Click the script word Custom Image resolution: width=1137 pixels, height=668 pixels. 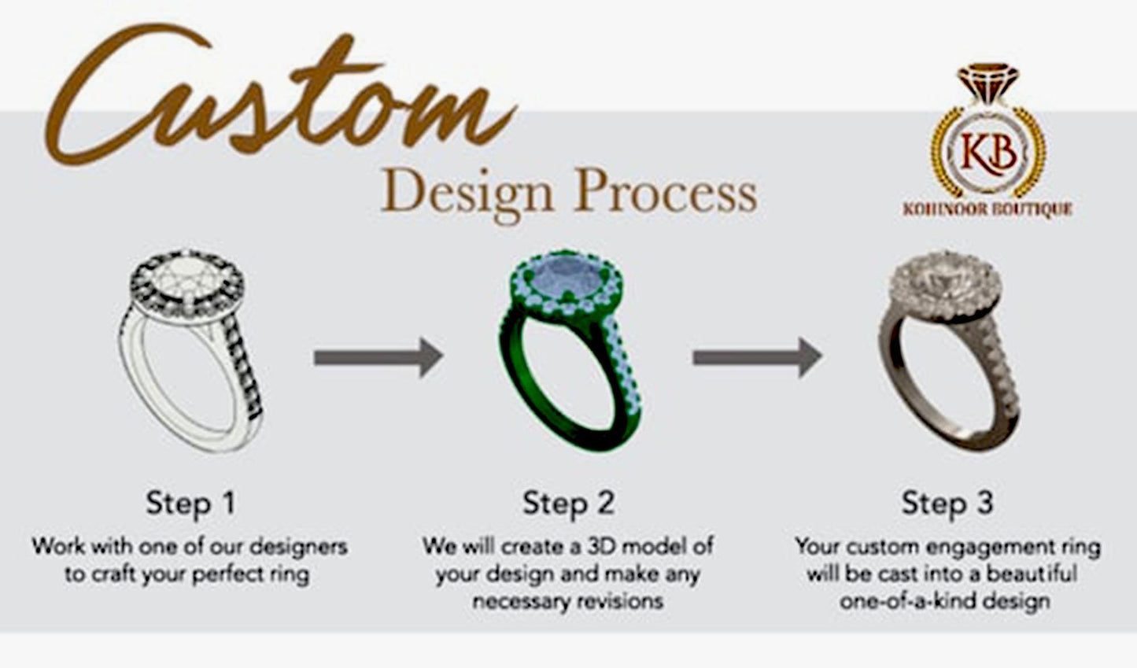pyautogui.click(x=275, y=98)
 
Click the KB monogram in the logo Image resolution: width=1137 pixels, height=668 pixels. pyautogui.click(x=988, y=152)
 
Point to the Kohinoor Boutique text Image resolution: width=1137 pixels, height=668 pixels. pyautogui.click(x=987, y=209)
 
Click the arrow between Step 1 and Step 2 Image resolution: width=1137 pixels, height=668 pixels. pyautogui.click(x=378, y=358)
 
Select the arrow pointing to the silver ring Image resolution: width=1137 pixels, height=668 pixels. pyautogui.click(x=756, y=358)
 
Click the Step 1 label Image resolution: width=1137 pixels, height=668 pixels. pyautogui.click(x=190, y=503)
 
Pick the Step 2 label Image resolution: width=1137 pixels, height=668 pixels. pyautogui.click(x=568, y=503)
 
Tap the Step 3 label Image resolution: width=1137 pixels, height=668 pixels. pyautogui.click(x=947, y=503)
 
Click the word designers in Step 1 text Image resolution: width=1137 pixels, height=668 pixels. pyautogui.click(x=303, y=546)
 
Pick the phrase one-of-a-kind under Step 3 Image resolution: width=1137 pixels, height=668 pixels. pyautogui.click(x=905, y=602)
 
